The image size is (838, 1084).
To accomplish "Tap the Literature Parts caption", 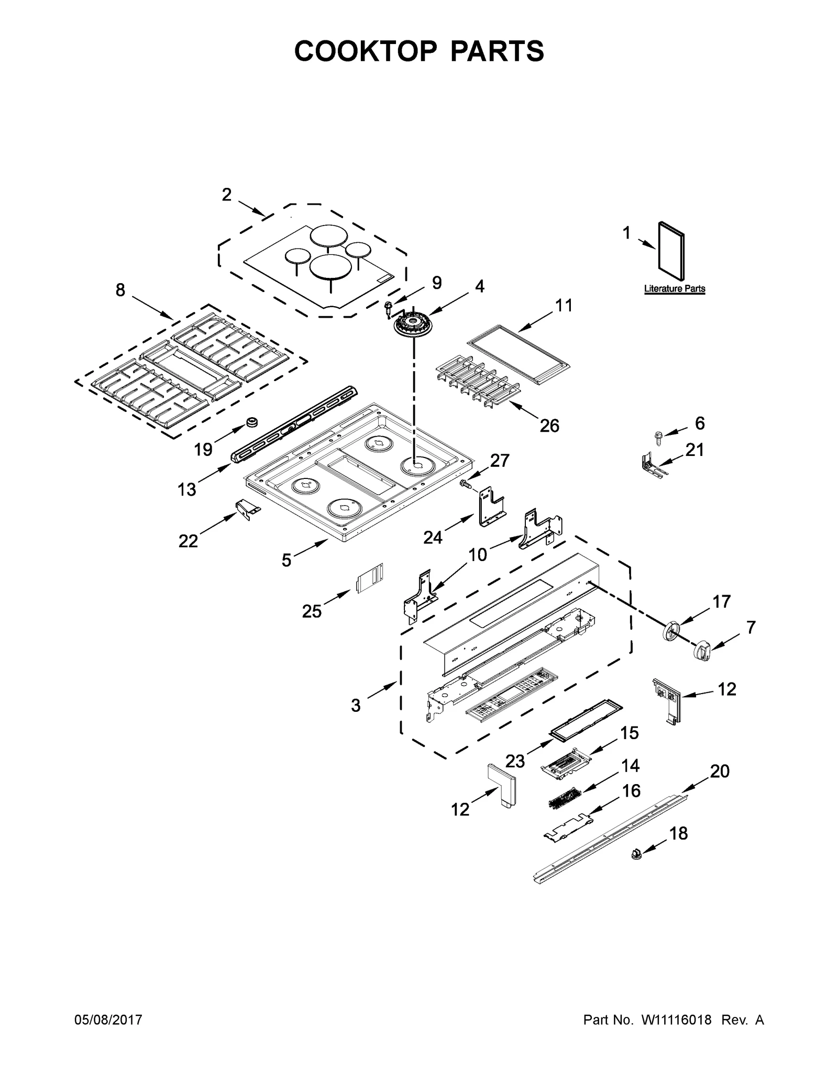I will click(x=674, y=288).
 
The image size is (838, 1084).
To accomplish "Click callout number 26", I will click(x=549, y=426).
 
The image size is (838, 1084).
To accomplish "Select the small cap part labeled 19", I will click(x=253, y=422).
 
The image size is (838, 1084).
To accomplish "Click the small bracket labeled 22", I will click(x=247, y=508).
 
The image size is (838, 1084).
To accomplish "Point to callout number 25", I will click(x=312, y=611).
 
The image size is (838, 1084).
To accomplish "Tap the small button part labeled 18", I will click(x=636, y=855).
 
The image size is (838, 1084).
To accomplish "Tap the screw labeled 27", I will click(x=465, y=484).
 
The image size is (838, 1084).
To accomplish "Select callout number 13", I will click(x=186, y=489).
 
